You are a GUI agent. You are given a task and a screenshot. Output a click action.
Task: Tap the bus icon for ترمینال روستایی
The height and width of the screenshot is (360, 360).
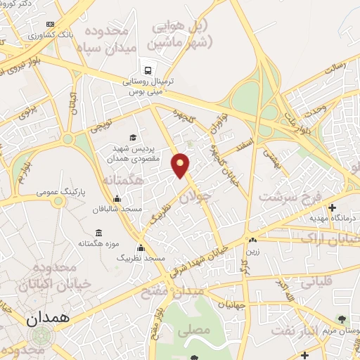tap(147, 70)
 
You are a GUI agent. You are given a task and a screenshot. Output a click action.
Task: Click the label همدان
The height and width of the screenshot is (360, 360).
tap(49, 318)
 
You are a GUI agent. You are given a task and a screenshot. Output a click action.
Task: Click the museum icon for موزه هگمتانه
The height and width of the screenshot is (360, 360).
tap(98, 233)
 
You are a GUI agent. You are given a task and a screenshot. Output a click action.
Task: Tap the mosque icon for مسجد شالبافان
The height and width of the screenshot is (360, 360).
tap(117, 198)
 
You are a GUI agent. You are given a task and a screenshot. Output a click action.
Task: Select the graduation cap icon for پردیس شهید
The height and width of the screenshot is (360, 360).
tap(134, 137)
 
